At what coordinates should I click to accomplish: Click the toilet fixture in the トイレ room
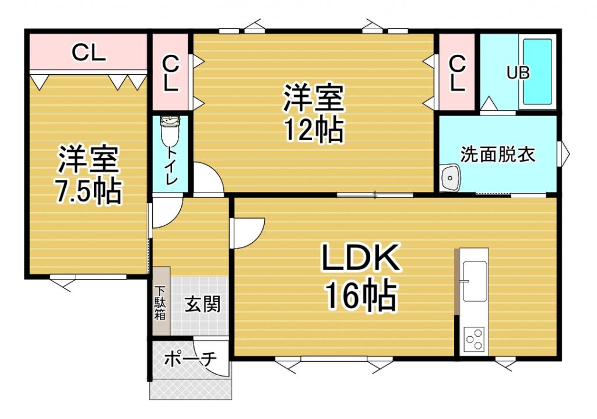[170, 132]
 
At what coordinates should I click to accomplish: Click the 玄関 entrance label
[202, 303]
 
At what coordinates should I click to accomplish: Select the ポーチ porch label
[190, 358]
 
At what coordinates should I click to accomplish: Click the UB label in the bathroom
[518, 73]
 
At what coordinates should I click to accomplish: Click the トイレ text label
[171, 166]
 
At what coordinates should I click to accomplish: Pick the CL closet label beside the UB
[458, 73]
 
